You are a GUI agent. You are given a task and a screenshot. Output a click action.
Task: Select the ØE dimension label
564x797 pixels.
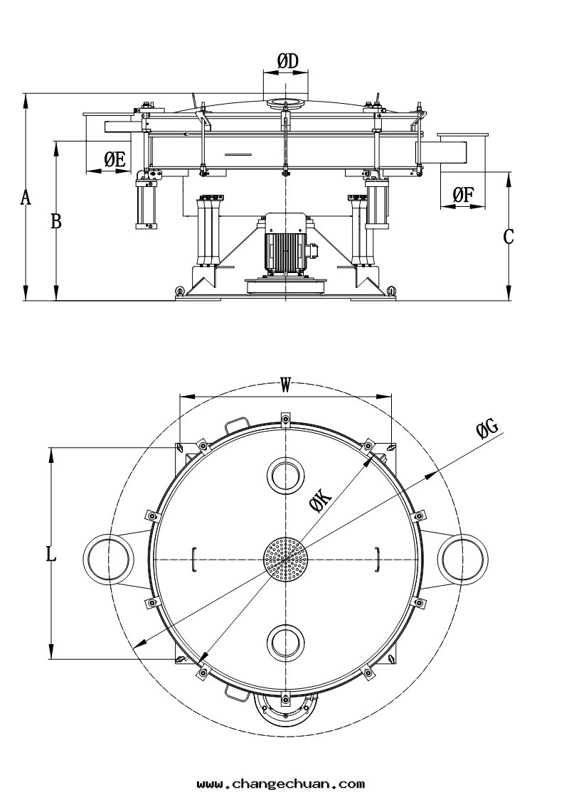tap(115, 159)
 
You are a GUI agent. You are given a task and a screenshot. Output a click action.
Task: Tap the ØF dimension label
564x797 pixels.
tap(463, 194)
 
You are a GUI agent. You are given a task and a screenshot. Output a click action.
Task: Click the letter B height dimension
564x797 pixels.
tap(55, 222)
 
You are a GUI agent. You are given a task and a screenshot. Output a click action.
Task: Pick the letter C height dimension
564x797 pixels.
tap(509, 237)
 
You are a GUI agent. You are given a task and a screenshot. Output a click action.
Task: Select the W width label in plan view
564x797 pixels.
tap(285, 385)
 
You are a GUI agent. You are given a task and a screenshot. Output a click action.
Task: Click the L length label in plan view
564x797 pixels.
tap(50, 554)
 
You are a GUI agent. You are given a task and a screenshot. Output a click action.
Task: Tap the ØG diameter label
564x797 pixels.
tap(487, 428)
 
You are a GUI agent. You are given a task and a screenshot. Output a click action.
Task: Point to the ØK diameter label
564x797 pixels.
tap(321, 502)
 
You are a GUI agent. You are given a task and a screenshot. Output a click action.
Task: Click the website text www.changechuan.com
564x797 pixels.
tap(280, 784)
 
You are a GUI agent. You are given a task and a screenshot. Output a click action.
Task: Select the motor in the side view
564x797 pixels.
tap(286, 244)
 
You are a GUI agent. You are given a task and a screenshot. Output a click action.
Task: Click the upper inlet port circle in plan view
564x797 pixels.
tap(285, 474)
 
